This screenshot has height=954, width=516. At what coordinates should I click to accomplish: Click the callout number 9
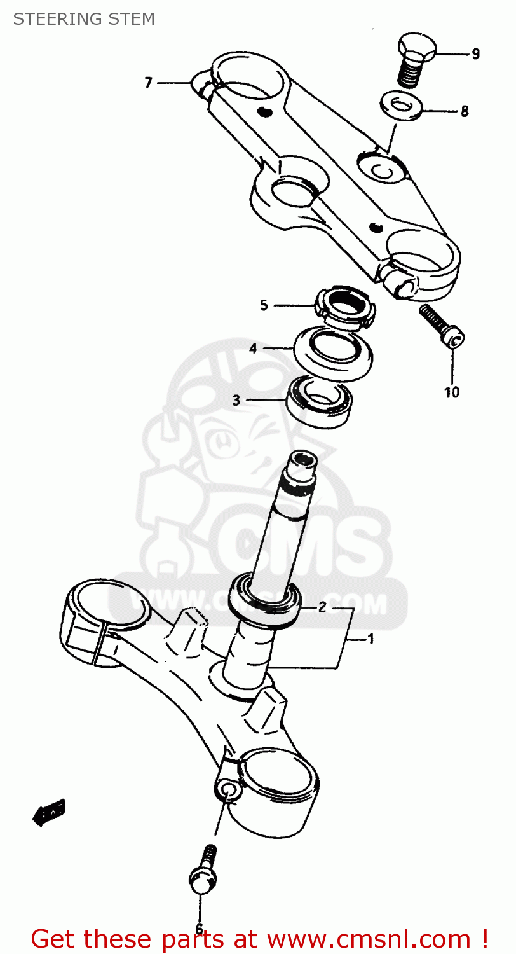click(x=475, y=54)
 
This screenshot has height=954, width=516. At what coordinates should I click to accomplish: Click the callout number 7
click(x=148, y=83)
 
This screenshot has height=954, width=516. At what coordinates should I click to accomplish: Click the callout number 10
click(x=451, y=392)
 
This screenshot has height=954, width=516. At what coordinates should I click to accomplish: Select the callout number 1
click(x=370, y=639)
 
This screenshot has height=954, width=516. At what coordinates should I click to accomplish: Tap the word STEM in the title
click(x=130, y=19)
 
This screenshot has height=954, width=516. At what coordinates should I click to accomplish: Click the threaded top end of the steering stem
click(x=301, y=468)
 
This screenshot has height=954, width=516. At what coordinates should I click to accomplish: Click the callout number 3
click(x=236, y=400)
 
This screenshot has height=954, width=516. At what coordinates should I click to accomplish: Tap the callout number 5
click(x=264, y=305)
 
